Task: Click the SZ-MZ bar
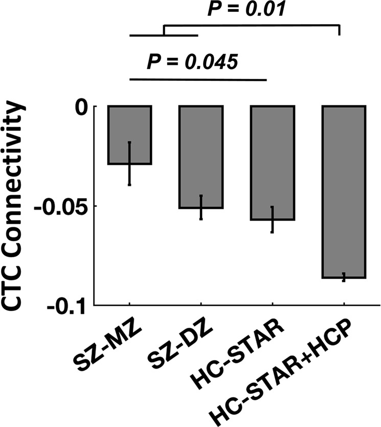(129, 135)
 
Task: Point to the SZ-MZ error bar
(129, 163)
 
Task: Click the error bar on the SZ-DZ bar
(201, 207)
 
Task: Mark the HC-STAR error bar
(272, 219)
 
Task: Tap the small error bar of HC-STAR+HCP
(344, 277)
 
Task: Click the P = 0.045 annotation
(192, 62)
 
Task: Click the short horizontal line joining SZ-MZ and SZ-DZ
(164, 35)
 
